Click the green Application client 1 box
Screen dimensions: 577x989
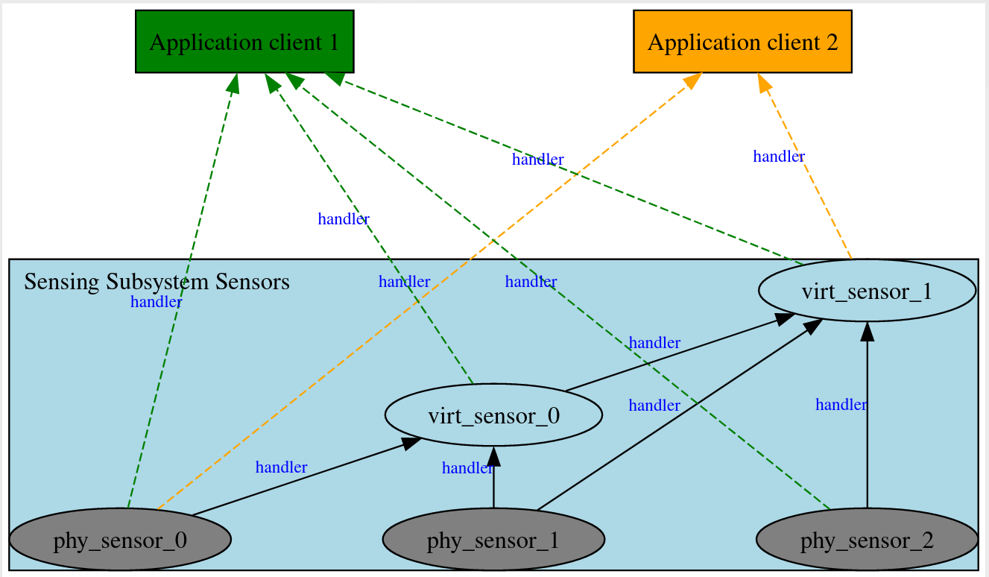coord(244,42)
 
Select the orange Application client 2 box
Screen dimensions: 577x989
coord(742,42)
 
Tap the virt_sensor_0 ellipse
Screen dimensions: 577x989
coord(493,415)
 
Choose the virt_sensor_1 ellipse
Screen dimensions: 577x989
coord(867,291)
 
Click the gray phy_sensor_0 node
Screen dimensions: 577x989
coord(119,539)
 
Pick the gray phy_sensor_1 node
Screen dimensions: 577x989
coord(493,539)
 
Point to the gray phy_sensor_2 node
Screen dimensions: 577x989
coord(867,539)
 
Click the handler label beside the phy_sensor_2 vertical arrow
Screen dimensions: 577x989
coord(841,405)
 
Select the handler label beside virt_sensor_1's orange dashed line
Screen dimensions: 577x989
coord(778,157)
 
